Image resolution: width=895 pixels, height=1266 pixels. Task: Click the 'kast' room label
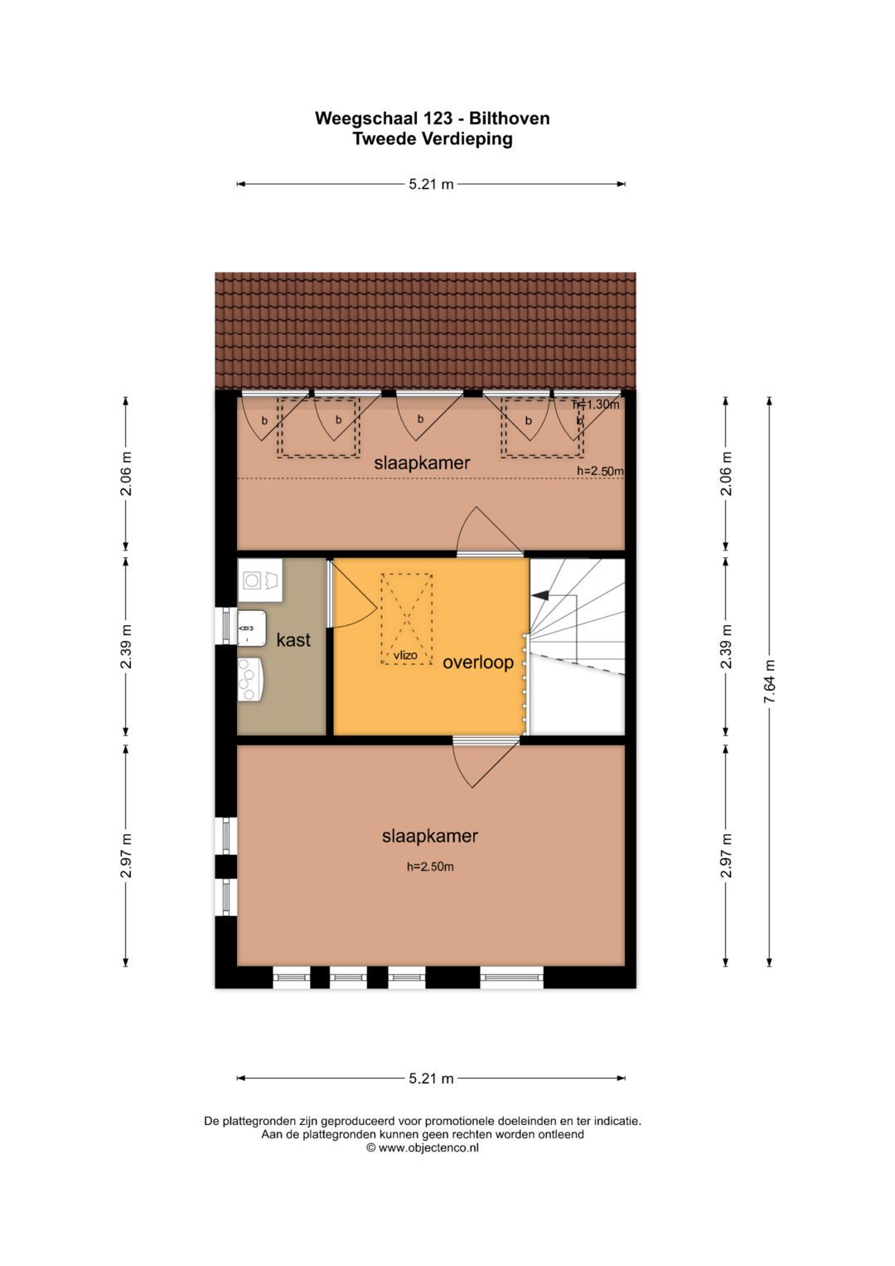(x=293, y=640)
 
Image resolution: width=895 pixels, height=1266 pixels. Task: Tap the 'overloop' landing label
(x=477, y=662)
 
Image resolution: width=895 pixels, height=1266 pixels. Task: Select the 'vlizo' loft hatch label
(x=405, y=656)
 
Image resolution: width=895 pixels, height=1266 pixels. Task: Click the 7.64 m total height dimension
(x=770, y=681)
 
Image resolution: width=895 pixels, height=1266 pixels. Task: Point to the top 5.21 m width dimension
(x=431, y=184)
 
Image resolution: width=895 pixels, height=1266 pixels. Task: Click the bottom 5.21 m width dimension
(x=431, y=1079)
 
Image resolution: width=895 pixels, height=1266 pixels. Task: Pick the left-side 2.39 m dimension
(x=126, y=647)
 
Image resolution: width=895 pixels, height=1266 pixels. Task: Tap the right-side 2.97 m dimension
(x=726, y=855)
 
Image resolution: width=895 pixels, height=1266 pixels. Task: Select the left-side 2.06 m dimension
(x=126, y=473)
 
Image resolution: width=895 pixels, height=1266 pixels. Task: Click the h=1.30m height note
(x=596, y=405)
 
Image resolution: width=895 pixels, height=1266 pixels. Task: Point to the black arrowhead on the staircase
(x=540, y=595)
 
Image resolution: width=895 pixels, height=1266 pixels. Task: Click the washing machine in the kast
(x=260, y=580)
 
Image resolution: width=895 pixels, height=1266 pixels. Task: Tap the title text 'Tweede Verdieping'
(x=433, y=139)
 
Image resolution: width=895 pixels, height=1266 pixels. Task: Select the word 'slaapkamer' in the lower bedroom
(x=430, y=836)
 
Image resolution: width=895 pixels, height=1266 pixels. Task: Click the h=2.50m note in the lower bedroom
(x=430, y=866)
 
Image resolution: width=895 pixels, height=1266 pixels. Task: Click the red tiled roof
(x=425, y=331)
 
